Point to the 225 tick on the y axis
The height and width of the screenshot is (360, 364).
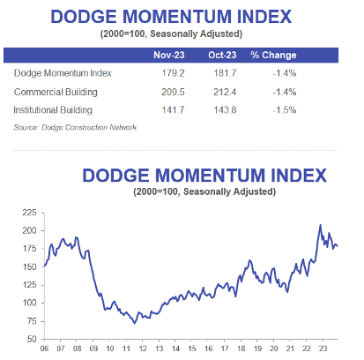tap(29, 213)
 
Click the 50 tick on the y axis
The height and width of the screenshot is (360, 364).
tap(32, 339)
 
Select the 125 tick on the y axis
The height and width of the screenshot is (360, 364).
tap(29, 284)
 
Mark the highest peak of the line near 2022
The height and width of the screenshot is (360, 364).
tap(320, 225)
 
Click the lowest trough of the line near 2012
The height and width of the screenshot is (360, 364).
tap(135, 323)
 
